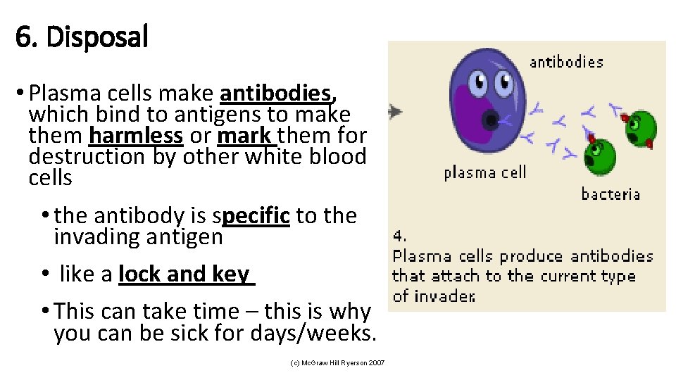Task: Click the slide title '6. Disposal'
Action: click(x=82, y=37)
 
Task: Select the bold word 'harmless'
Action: click(x=136, y=135)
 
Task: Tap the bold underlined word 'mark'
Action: click(x=243, y=135)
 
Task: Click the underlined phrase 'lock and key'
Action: click(x=184, y=274)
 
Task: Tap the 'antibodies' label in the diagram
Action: click(x=566, y=62)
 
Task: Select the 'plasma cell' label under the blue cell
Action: click(x=484, y=172)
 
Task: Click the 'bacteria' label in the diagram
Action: click(x=611, y=194)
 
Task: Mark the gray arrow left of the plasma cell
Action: click(x=396, y=111)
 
